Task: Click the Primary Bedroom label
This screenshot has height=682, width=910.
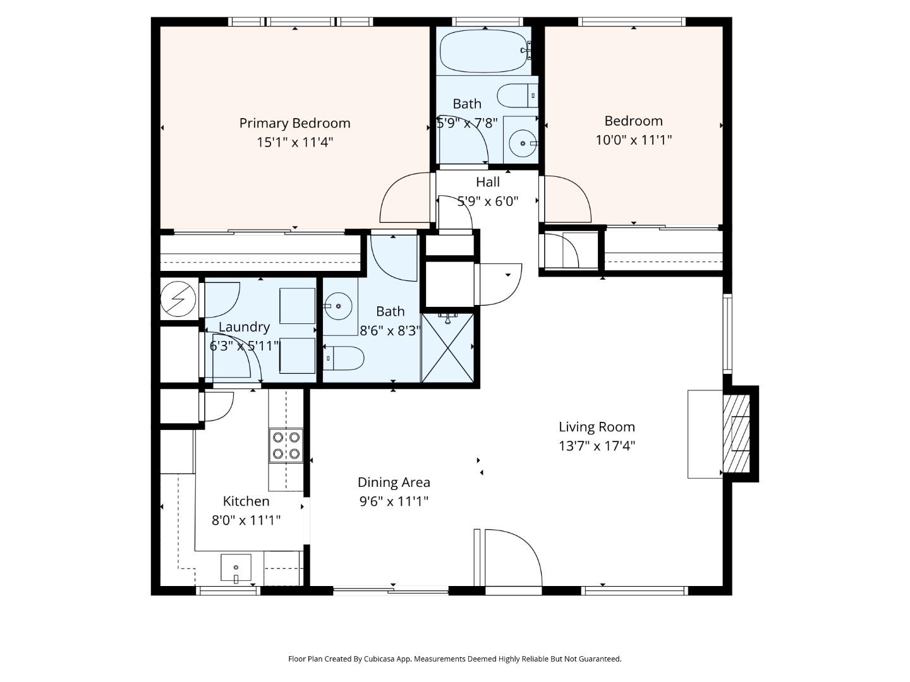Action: click(294, 123)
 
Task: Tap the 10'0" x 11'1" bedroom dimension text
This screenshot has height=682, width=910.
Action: click(633, 140)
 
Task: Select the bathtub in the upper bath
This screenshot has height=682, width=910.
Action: click(483, 51)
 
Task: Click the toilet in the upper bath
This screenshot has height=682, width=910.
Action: click(516, 96)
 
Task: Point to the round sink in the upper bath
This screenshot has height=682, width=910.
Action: click(523, 143)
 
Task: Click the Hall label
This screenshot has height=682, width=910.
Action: click(488, 182)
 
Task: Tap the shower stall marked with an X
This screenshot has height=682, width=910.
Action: click(447, 348)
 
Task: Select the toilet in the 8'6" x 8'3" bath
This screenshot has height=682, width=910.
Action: click(344, 358)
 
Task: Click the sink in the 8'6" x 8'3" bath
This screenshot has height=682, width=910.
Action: click(340, 307)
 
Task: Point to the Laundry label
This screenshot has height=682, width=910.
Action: click(244, 327)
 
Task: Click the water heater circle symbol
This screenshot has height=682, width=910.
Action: click(178, 299)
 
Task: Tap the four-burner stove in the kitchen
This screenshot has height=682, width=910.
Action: click(286, 445)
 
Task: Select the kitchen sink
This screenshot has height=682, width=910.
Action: click(236, 567)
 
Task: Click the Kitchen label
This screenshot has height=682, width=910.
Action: click(246, 501)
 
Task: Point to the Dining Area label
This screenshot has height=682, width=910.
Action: click(394, 482)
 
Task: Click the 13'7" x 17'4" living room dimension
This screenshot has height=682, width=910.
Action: click(597, 446)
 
